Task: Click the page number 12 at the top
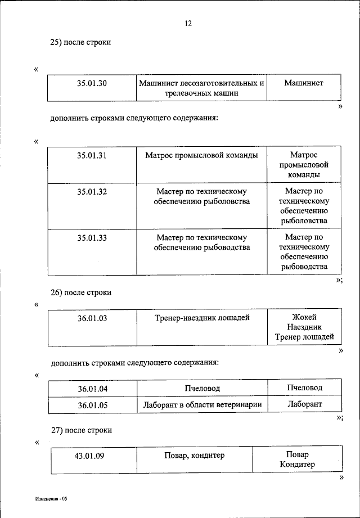click(188, 23)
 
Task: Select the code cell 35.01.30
click(92, 83)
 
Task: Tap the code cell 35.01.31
click(92, 155)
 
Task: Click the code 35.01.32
click(92, 192)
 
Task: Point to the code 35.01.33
click(92, 237)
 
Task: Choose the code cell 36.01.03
click(92, 318)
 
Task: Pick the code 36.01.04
click(92, 389)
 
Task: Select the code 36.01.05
click(92, 404)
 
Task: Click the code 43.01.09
click(89, 456)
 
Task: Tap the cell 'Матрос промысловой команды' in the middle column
click(201, 155)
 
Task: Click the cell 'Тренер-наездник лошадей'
click(202, 318)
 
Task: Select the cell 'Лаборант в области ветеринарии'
click(202, 404)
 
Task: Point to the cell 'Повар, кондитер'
click(194, 456)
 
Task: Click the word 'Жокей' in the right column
click(304, 317)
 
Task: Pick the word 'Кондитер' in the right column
click(297, 465)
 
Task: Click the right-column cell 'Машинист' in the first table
click(304, 83)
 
